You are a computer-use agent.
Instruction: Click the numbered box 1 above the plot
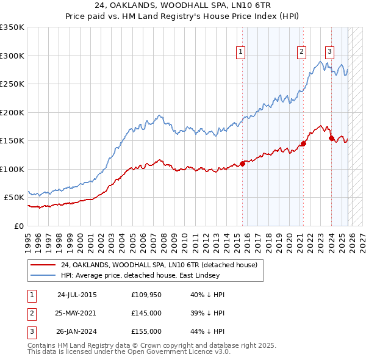pos(241,52)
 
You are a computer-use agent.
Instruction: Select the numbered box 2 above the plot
pos(301,52)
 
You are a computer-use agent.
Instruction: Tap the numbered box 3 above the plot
pos(329,52)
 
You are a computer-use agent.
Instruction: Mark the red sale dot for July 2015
pos(242,164)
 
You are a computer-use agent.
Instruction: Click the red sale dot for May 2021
pos(303,144)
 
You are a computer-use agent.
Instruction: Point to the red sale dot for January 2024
pos(331,138)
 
